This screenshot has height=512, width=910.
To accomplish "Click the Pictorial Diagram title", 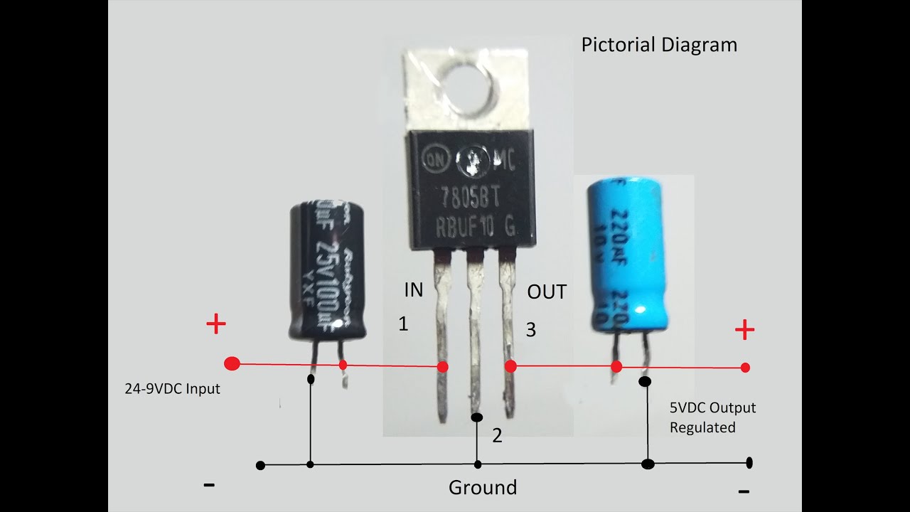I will point(659,45).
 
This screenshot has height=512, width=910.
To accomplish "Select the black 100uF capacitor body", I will point(328,270).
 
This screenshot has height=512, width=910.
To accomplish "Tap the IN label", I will point(413,289).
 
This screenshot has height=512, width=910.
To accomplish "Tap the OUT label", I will point(547,292).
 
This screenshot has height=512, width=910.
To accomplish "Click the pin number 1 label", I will point(403,324).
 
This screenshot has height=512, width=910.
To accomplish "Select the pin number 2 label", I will point(497,435).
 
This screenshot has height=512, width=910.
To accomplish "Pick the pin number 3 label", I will point(530,329).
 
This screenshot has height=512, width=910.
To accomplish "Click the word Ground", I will point(482,488).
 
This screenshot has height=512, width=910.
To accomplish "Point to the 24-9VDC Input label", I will point(172,389).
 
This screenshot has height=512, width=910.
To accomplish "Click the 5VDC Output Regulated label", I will point(712,417).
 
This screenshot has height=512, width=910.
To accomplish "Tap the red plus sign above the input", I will point(215,325).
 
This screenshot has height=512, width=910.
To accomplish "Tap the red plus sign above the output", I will point(744,330).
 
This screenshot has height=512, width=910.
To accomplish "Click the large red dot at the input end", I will point(232,364).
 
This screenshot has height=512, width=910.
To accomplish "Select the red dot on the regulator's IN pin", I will point(442,367).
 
